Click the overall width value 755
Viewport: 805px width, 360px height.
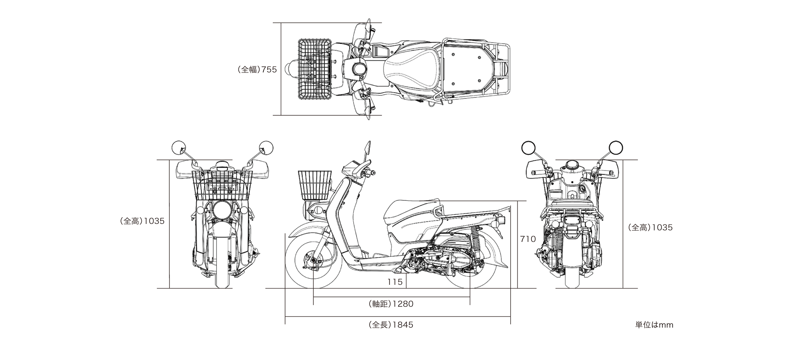click(269, 69)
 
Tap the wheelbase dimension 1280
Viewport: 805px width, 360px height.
click(402, 304)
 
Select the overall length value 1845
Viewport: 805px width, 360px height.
click(402, 325)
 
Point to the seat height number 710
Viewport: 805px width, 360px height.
click(528, 239)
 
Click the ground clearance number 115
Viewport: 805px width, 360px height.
click(395, 282)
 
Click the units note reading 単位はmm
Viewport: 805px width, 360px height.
click(654, 325)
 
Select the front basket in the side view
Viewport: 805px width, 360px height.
click(315, 185)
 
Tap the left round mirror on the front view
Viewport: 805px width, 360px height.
click(178, 148)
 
